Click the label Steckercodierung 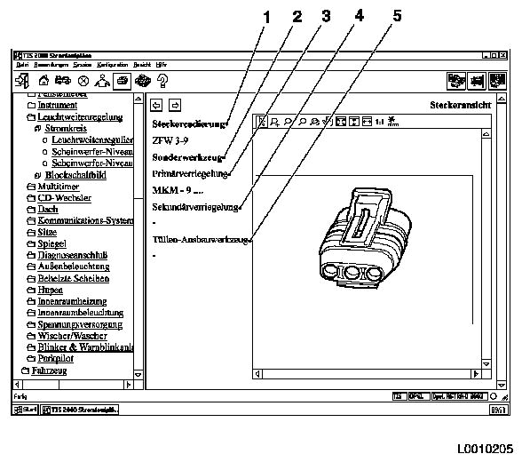click(189, 123)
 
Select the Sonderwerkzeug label click(186, 157)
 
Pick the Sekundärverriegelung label click(196, 207)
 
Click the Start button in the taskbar click(24, 410)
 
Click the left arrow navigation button click(158, 104)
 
